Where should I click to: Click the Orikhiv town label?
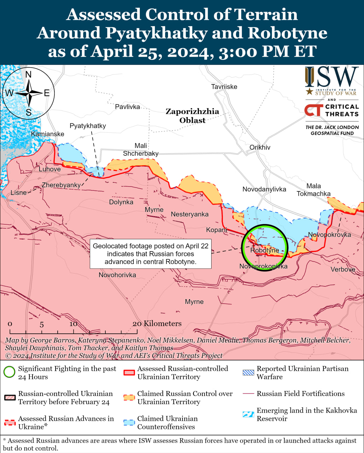tap(260, 147)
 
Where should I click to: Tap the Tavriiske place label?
tap(224, 87)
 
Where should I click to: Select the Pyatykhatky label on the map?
tap(88, 126)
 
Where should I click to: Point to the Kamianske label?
tap(47, 134)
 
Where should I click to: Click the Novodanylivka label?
tap(264, 189)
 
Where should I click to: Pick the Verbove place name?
tap(342, 269)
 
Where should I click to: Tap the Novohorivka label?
tap(117, 275)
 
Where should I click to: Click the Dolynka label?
tap(121, 202)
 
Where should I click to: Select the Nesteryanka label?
tap(190, 214)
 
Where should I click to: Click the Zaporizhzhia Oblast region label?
tap(192, 116)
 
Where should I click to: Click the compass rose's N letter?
tap(29, 74)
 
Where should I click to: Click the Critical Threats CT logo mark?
tap(313, 110)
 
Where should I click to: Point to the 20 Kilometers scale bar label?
tap(157, 323)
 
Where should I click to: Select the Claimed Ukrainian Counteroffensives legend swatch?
tap(129, 423)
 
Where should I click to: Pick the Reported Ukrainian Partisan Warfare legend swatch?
tap(248, 372)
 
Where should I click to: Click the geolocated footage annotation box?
tap(150, 254)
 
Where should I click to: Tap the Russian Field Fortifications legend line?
tap(248, 394)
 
